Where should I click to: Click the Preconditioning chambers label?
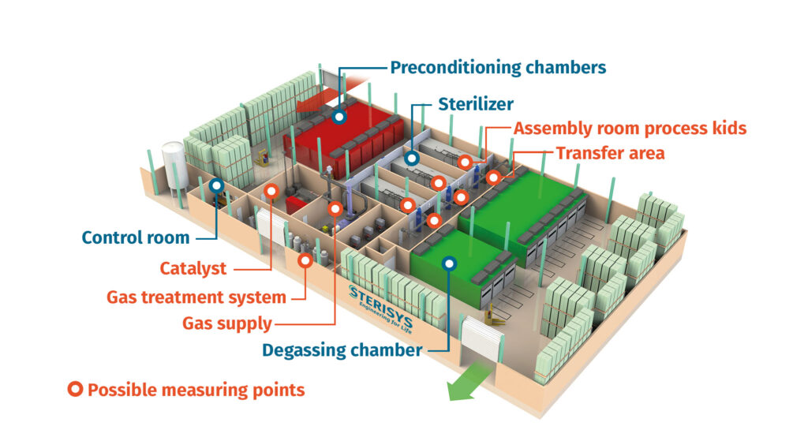pyautogui.click(x=498, y=67)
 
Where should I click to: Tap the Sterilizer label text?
pyautogui.click(x=476, y=104)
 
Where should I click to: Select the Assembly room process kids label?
pyautogui.click(x=630, y=129)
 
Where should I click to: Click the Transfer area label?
pyautogui.click(x=610, y=152)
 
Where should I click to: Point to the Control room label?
pyautogui.click(x=136, y=237)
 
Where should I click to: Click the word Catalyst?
pyautogui.click(x=193, y=268)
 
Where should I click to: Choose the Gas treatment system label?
pyautogui.click(x=196, y=297)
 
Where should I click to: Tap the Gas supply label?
pyautogui.click(x=227, y=323)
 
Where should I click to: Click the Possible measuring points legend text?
pyautogui.click(x=196, y=390)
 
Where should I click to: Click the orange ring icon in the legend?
pyautogui.click(x=76, y=389)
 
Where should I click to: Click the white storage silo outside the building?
pyautogui.click(x=173, y=166)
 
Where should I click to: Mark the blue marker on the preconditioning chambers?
pyautogui.click(x=339, y=116)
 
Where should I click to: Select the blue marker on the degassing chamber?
pyautogui.click(x=449, y=264)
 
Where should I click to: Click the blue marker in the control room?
pyautogui.click(x=215, y=186)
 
